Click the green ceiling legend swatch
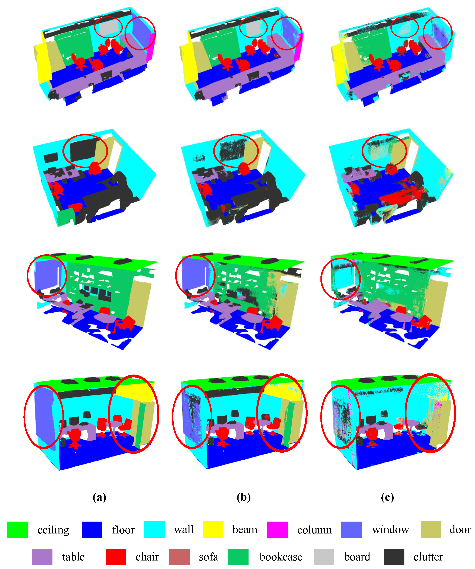(17, 530)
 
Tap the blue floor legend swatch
(92, 530)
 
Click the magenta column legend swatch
(277, 530)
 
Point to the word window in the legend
(390, 530)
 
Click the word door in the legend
(460, 530)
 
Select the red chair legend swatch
(115, 557)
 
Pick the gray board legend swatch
(324, 557)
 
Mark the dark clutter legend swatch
(394, 557)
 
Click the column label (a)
(99, 497)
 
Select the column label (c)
(387, 497)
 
